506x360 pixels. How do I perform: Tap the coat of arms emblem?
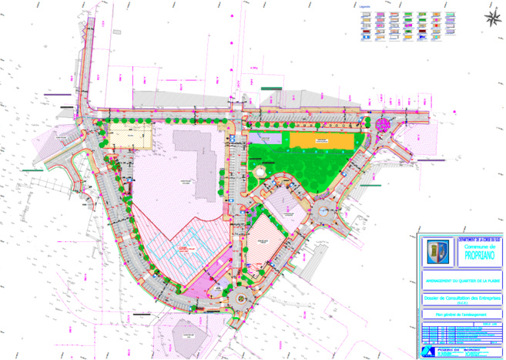click(x=437, y=251)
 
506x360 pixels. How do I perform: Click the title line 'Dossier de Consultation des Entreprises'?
click(x=461, y=297)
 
